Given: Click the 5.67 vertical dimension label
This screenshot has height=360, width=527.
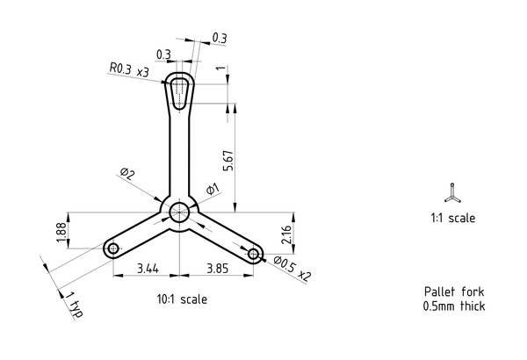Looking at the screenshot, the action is pos(228,161).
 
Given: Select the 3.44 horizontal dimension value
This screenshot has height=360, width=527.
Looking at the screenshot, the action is pos(148,269).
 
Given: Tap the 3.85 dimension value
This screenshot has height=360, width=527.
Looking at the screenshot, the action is pos(218,269).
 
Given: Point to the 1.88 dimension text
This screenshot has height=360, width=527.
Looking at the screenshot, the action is pos(61,232).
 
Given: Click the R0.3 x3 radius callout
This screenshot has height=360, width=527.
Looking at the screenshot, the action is pos(129,69).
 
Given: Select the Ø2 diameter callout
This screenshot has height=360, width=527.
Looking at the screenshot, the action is pos(127,174).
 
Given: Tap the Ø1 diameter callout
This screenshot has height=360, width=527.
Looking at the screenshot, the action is pos(213,190).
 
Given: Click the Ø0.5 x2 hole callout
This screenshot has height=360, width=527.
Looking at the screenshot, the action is pos(292,269).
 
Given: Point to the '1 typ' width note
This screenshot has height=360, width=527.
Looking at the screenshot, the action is pos(74,305).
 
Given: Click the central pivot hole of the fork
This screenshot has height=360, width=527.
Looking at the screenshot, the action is pos(179,212).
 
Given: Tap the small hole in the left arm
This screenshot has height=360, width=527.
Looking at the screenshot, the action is pos(113,249).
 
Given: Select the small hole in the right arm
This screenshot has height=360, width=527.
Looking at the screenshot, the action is pos(253,254).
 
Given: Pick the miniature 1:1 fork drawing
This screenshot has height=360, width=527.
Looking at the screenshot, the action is pos(452,193).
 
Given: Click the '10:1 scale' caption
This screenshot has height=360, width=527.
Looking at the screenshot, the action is pos(182,299).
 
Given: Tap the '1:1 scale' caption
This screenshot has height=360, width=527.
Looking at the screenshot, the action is pos(452,218).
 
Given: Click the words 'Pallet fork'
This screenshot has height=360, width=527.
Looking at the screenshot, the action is pos(454,292).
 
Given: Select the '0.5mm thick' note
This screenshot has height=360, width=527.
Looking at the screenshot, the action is pos(454,306).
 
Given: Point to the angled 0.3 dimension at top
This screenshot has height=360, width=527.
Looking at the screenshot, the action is pos(219,38).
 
